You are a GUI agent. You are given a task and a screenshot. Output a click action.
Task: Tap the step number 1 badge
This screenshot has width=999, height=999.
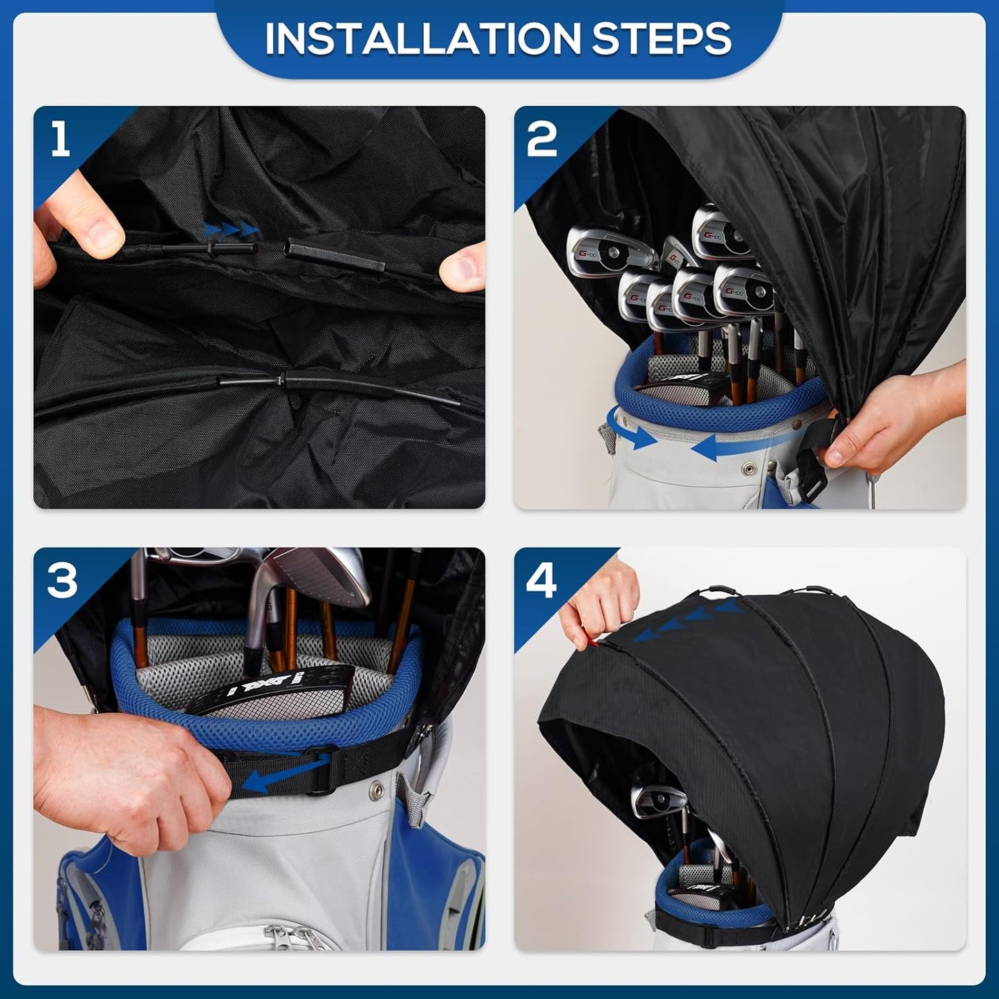61,138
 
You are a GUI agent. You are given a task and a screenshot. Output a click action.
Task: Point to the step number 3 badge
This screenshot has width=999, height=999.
62,580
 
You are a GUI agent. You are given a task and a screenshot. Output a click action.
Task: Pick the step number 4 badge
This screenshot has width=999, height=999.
541,580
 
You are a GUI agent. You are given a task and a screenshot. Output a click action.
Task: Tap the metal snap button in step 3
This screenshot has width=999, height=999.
377,787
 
